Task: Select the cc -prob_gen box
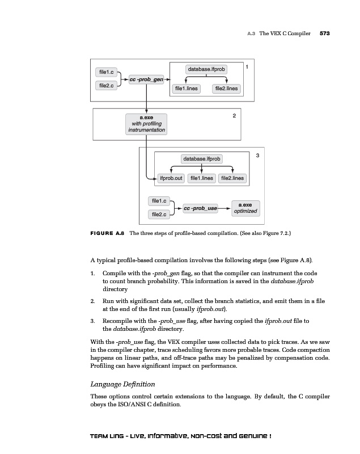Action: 146,79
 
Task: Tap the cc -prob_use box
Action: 201,208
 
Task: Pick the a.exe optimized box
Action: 245,208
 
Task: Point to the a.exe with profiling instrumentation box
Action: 146,124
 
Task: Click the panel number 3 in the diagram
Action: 257,155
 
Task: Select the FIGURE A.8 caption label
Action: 107,233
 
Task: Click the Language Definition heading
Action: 122,384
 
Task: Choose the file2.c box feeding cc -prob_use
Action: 159,215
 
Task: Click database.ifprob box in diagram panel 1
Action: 206,69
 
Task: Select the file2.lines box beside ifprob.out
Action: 232,178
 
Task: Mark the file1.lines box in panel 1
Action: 187,89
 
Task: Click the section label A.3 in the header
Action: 251,34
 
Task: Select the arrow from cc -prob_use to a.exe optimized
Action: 225,208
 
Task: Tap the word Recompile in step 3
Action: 118,321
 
